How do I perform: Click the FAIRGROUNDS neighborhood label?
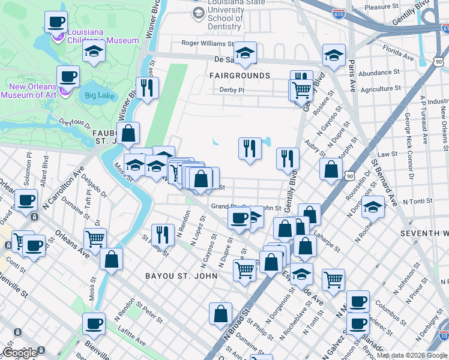(240, 76)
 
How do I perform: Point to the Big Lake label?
(99, 95)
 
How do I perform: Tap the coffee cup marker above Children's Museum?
(56, 22)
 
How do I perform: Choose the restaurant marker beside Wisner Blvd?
(146, 88)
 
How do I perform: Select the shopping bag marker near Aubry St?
(331, 169)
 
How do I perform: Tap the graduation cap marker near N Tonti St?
(372, 207)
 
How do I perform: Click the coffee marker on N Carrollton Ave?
(26, 200)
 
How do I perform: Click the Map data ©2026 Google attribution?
(412, 355)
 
